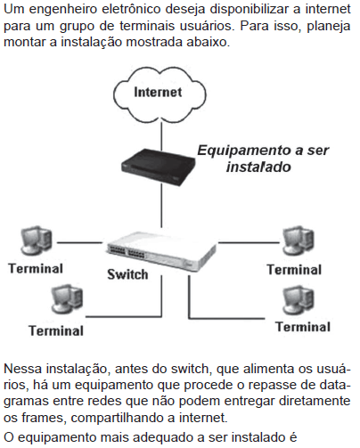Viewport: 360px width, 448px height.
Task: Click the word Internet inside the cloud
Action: pyautogui.click(x=158, y=92)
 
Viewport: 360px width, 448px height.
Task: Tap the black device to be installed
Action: pyautogui.click(x=158, y=166)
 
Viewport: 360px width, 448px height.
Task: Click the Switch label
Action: pyautogui.click(x=127, y=274)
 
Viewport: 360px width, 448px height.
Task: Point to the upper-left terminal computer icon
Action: pyautogui.click(x=37, y=240)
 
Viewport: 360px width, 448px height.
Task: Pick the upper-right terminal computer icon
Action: pyautogui.click(x=298, y=240)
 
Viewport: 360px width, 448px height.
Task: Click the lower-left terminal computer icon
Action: pyautogui.click(x=67, y=299)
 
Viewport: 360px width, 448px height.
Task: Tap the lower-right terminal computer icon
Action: pyautogui.click(x=298, y=300)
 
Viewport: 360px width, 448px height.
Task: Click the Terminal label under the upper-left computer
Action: pyautogui.click(x=36, y=269)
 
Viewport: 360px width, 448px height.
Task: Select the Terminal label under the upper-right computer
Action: pyautogui.click(x=294, y=270)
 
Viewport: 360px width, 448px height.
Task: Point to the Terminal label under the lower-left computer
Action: pyautogui.click(x=56, y=331)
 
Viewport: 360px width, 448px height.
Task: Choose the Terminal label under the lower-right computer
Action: pyautogui.click(x=303, y=327)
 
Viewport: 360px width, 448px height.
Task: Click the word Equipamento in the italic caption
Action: pyautogui.click(x=244, y=151)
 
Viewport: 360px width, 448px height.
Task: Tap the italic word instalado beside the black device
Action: pyautogui.click(x=258, y=167)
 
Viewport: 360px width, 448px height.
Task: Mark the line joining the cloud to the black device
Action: pyautogui.click(x=161, y=135)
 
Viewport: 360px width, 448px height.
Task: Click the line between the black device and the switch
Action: pyautogui.click(x=161, y=206)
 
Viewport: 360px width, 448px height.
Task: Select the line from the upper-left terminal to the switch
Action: pyautogui.click(x=79, y=242)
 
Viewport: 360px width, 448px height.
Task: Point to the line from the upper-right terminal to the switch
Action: pyautogui.click(x=249, y=242)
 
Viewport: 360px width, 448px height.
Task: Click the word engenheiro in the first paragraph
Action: pyautogui.click(x=64, y=10)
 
